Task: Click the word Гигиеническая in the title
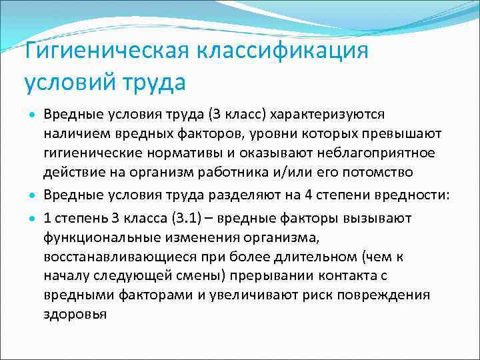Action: click(107, 51)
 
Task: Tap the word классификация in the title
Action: click(283, 51)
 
